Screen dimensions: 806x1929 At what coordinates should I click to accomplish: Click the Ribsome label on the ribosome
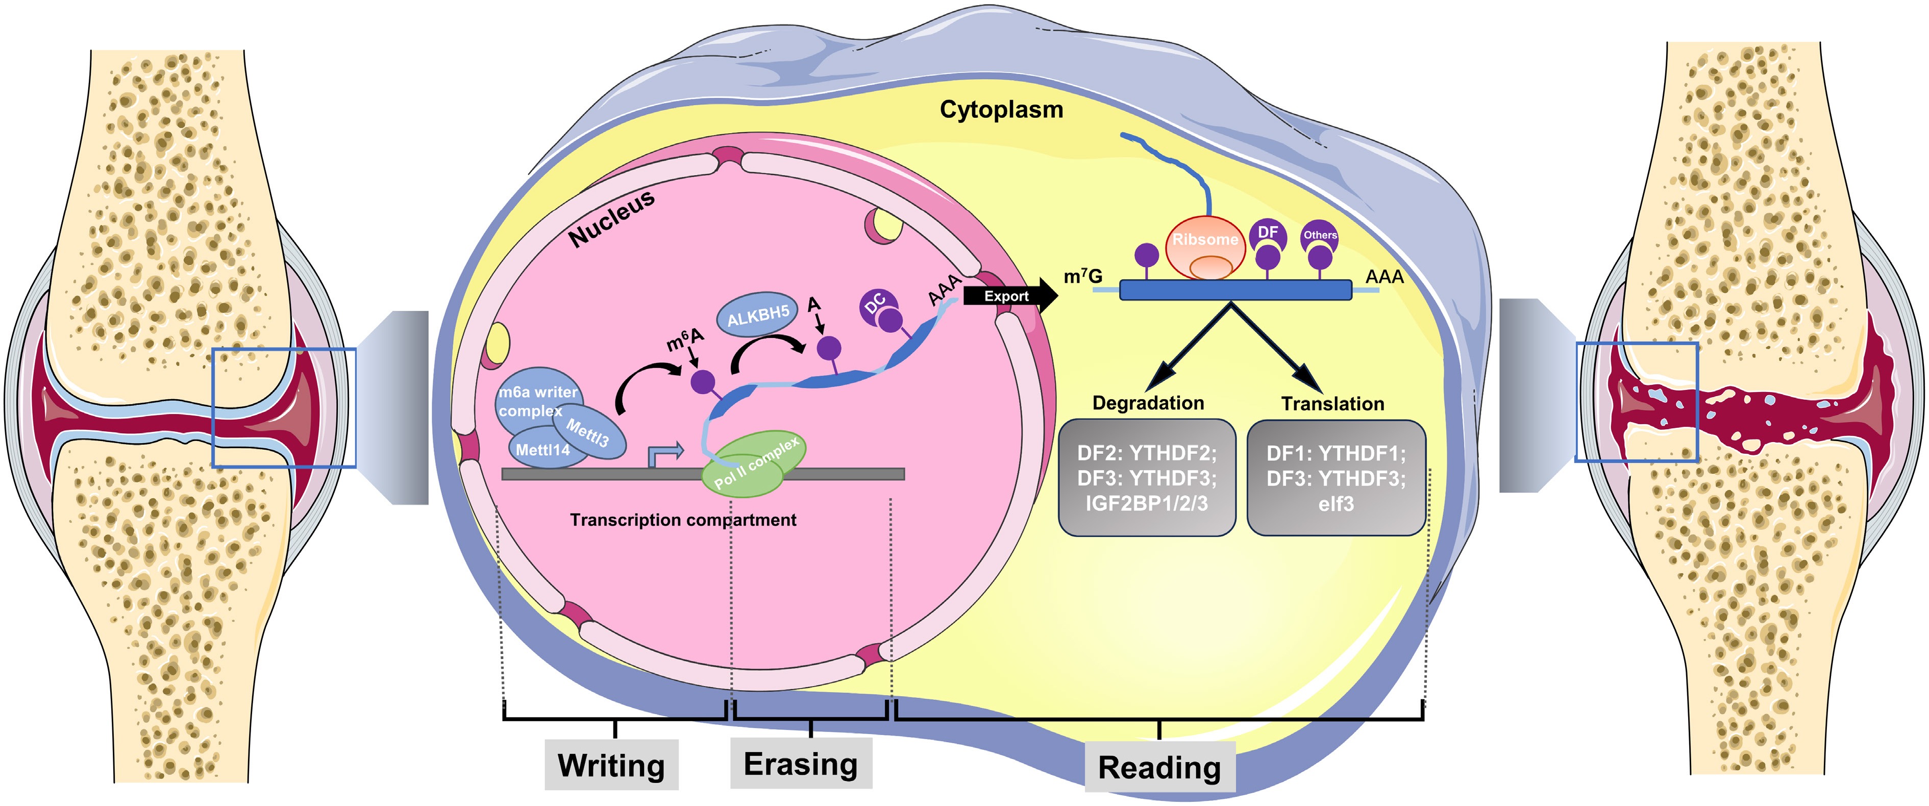[1205, 240]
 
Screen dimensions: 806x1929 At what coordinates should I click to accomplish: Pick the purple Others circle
[1320, 235]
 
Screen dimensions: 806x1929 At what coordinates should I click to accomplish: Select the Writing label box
[611, 765]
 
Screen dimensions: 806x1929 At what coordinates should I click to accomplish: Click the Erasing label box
[801, 763]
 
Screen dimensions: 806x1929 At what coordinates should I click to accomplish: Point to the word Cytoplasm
[1001, 109]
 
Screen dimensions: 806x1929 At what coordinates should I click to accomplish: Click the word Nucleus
[611, 217]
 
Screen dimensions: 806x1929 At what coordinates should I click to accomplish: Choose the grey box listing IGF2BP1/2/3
[1147, 478]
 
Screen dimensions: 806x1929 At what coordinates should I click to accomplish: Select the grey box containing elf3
[1336, 478]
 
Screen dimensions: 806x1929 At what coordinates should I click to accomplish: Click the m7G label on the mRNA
[1083, 276]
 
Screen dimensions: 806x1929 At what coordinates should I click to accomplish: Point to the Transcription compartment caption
[683, 520]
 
